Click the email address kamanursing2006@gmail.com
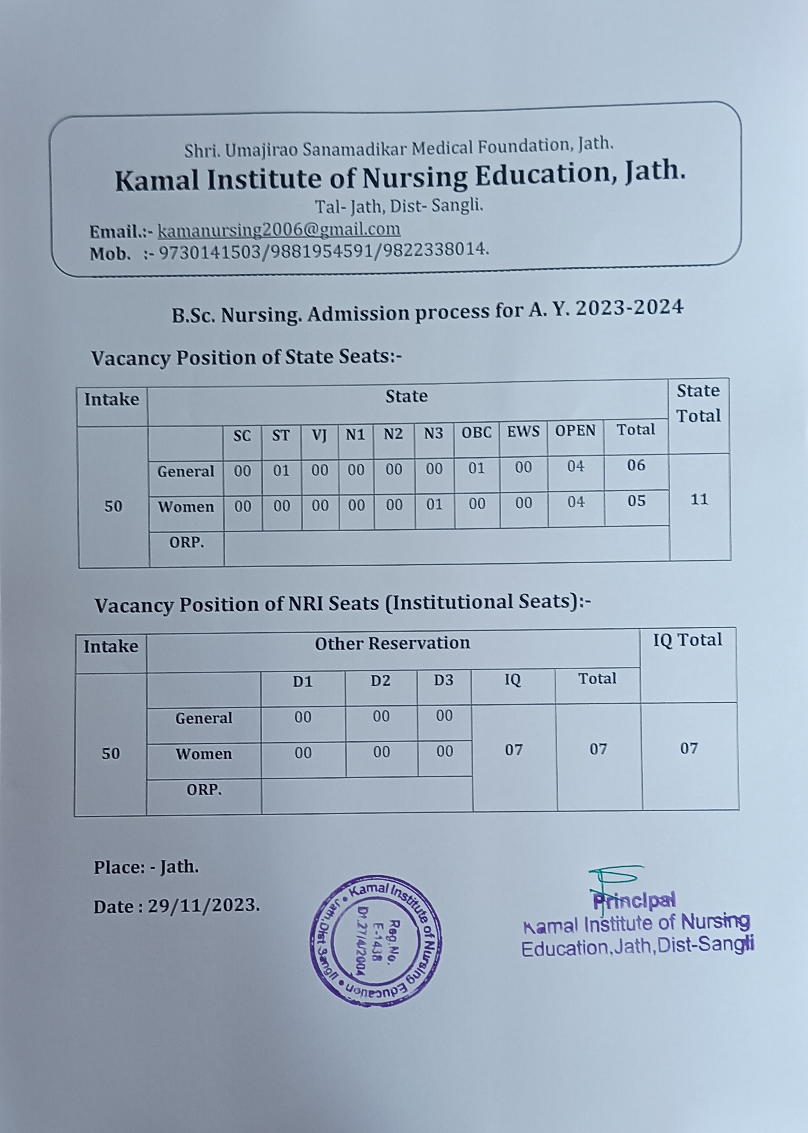(x=278, y=230)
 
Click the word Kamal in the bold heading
(x=157, y=180)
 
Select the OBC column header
(x=476, y=432)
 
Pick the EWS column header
(x=523, y=431)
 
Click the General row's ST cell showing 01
(x=281, y=470)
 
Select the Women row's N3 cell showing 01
(x=434, y=504)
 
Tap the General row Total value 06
(x=636, y=466)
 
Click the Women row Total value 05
(x=636, y=500)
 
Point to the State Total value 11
(x=699, y=499)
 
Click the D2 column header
(x=380, y=681)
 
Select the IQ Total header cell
(x=688, y=640)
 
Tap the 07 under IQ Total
(x=689, y=748)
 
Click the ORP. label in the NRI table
(x=204, y=790)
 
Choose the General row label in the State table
(x=186, y=471)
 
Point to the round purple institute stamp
(x=375, y=941)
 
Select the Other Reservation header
(x=392, y=644)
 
